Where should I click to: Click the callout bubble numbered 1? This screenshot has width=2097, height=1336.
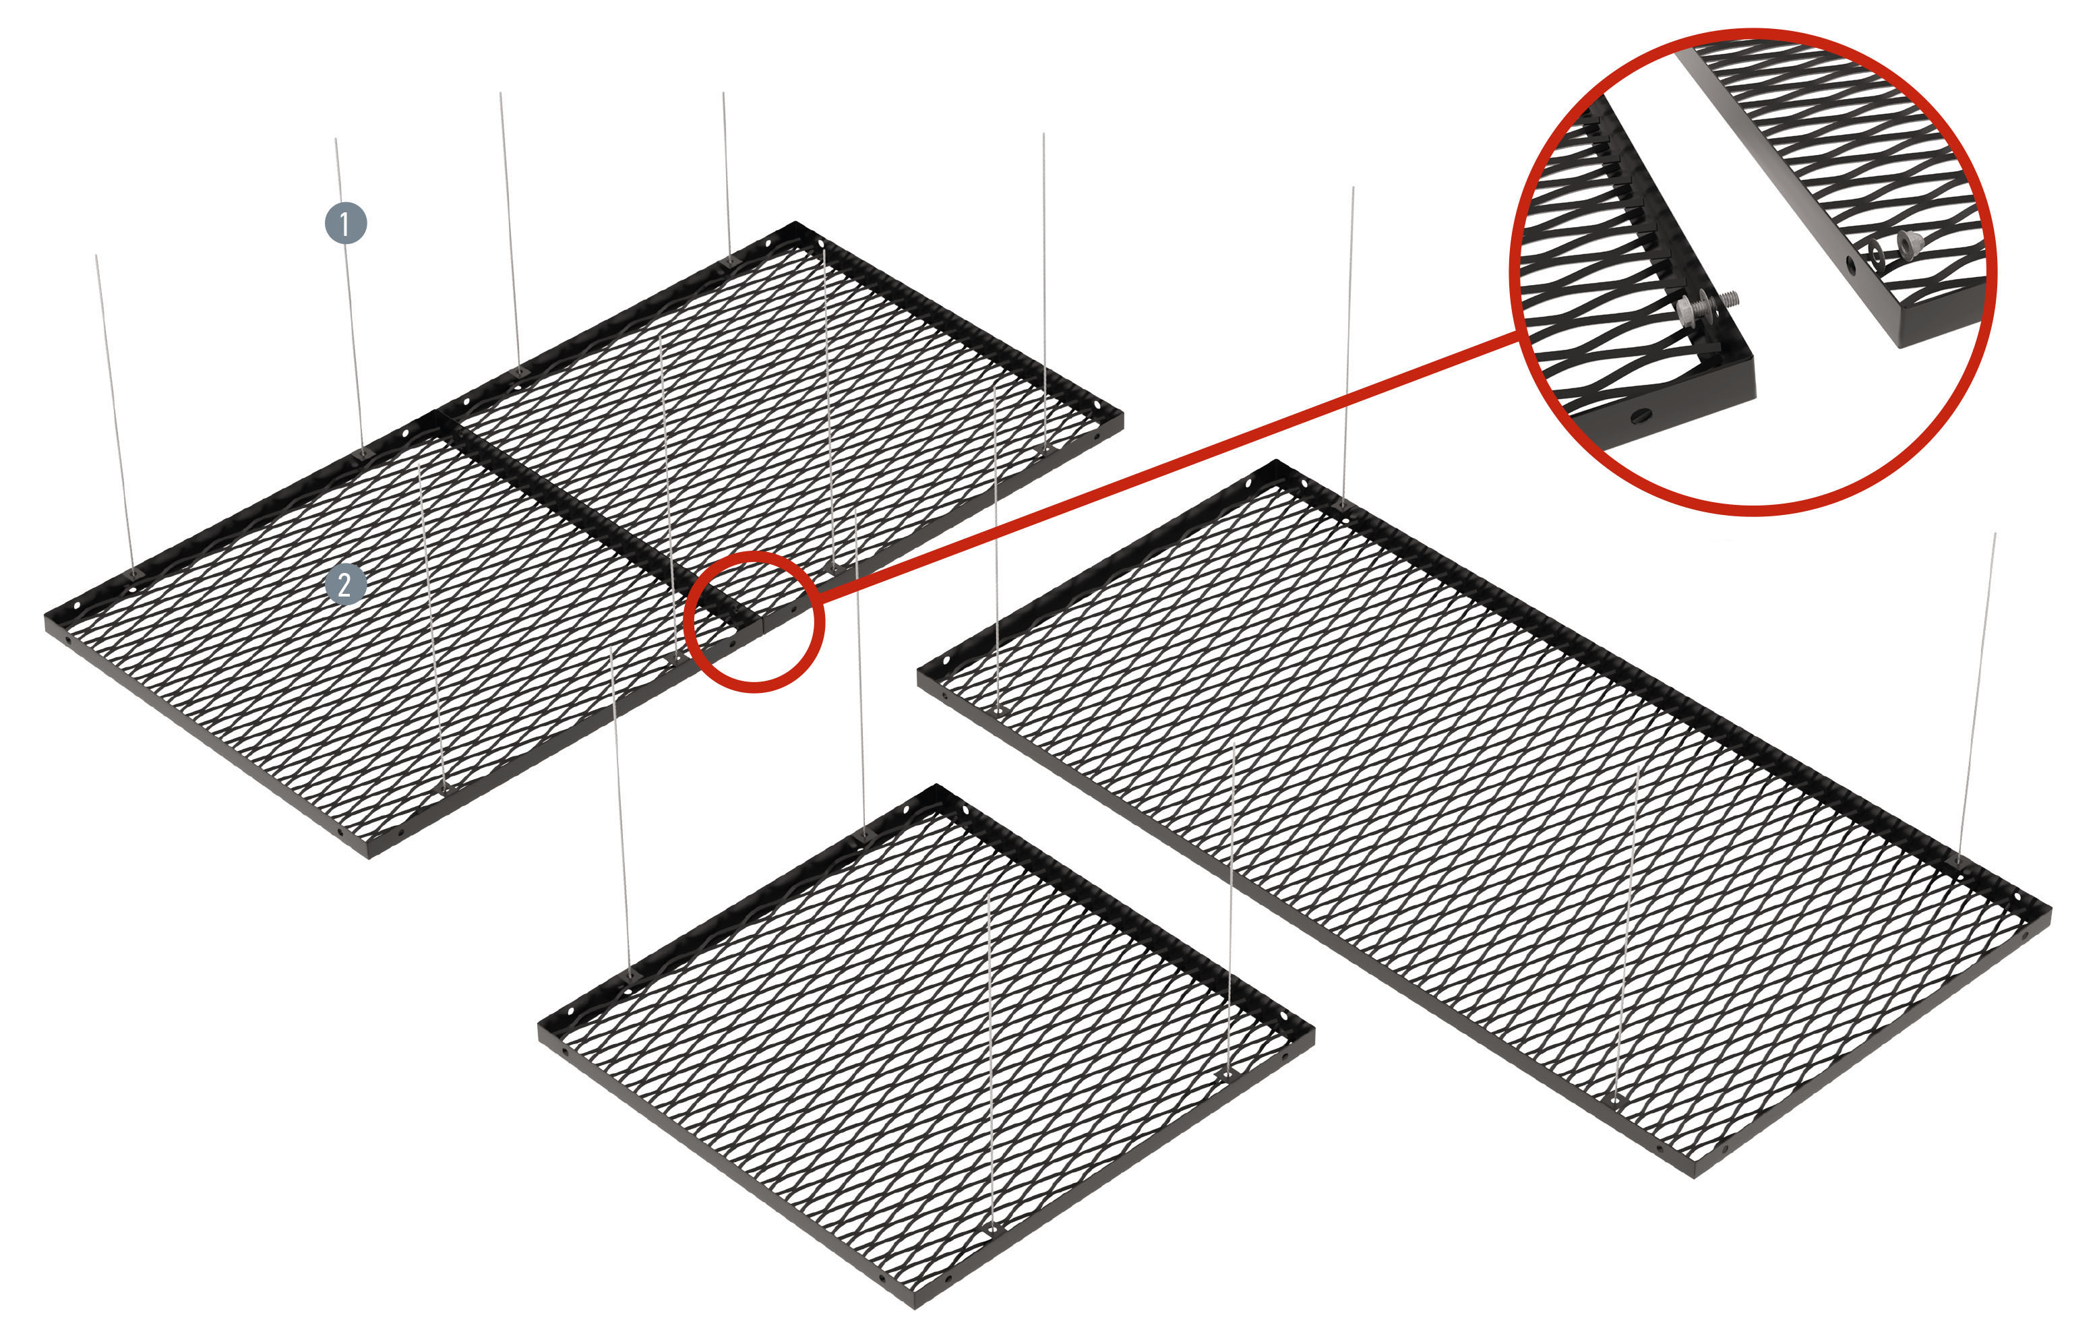346,223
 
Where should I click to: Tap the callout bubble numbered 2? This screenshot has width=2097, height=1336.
345,584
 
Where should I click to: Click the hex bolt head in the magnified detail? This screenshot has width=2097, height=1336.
1686,309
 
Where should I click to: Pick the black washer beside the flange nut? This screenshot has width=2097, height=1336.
1877,254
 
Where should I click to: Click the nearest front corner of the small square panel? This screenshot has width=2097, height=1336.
915,1303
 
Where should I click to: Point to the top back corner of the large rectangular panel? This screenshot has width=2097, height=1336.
1276,462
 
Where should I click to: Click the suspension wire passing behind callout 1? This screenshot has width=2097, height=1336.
350,296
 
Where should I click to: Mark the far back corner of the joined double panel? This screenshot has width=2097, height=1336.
795,224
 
